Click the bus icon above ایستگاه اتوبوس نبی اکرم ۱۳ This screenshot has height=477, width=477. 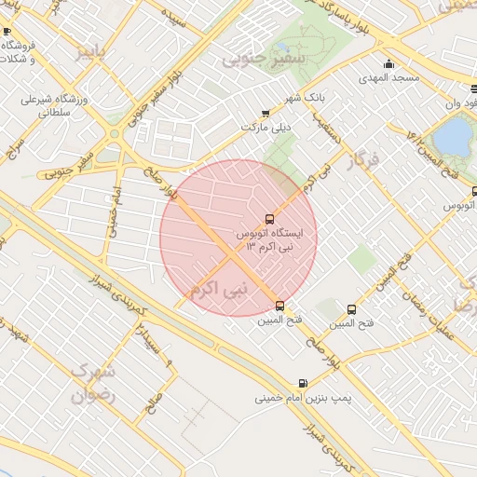(270, 219)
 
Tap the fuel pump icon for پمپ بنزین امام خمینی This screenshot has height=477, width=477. (303, 383)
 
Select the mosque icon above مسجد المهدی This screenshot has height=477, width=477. (389, 63)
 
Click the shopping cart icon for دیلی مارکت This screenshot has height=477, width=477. (266, 113)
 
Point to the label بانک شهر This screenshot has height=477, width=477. (280, 98)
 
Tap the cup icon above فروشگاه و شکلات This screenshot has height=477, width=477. (7, 31)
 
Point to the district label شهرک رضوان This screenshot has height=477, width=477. (91, 382)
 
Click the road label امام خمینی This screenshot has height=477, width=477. (116, 209)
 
